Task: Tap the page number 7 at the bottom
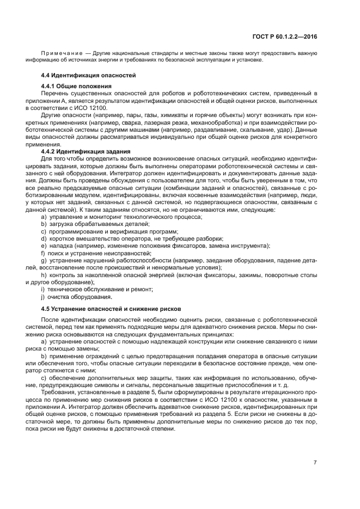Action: tap(315, 463)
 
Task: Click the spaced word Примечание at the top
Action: tap(64, 53)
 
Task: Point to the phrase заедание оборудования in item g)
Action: tap(229, 260)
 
